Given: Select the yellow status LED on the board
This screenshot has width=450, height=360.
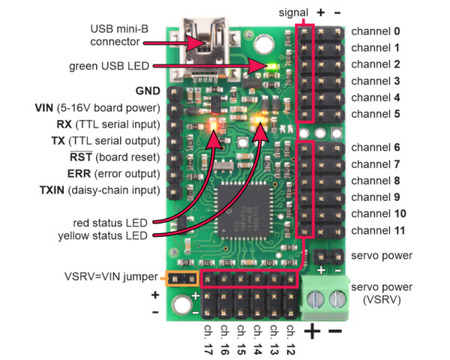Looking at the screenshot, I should click(x=262, y=119).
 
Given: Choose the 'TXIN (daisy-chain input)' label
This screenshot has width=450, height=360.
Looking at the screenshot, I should click(x=98, y=190).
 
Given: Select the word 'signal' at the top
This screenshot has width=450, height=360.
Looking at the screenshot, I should click(x=293, y=12).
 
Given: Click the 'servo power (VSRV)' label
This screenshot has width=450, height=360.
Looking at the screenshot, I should click(x=382, y=293).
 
